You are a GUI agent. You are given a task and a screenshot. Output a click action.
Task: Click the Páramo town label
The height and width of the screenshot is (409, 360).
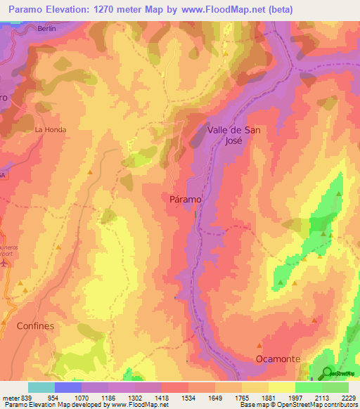click(186, 200)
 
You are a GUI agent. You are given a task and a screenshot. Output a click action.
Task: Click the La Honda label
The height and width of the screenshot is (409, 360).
click(49, 130)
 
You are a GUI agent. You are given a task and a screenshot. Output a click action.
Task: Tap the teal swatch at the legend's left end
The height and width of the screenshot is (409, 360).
click(41, 387)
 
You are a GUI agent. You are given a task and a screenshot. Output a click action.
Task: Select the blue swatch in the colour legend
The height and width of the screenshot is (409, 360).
click(68, 387)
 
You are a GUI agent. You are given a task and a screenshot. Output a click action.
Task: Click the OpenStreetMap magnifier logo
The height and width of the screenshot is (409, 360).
click(328, 372)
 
